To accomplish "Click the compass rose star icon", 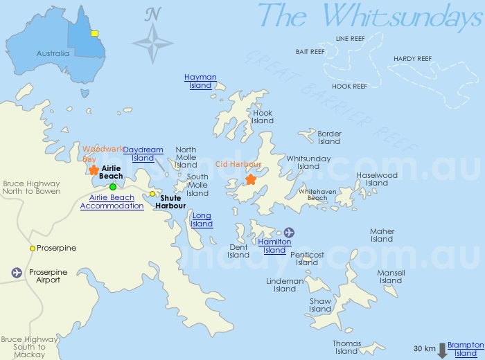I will tap(153, 43).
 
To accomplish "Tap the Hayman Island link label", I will tap(200, 82).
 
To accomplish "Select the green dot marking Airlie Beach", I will tap(113, 187).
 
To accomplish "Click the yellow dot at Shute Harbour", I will tap(152, 194).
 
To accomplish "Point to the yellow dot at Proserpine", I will tap(32, 249).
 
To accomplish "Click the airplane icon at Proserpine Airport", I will tap(17, 273).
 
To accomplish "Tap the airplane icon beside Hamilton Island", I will tap(289, 232).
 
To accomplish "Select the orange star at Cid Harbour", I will tap(251, 180).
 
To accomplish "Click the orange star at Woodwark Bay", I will tap(94, 170).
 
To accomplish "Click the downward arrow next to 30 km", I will tap(442, 351).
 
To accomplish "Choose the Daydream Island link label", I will tap(143, 154).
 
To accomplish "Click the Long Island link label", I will tap(202, 220).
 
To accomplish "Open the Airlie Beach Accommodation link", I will tap(112, 201).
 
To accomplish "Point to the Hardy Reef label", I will tap(412, 59).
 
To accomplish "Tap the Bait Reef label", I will tap(310, 52).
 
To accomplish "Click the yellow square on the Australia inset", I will tap(95, 33).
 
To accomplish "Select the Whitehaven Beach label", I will tap(312, 194).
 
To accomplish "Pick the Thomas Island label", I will tap(346, 348).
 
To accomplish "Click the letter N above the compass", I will tap(153, 13).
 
